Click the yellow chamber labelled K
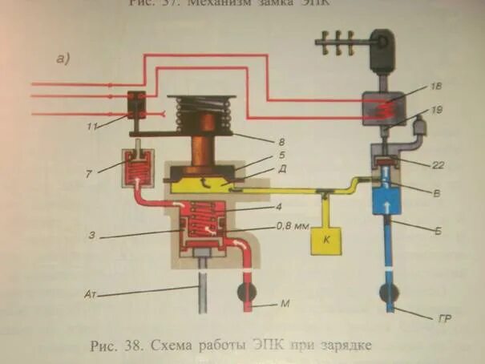[328, 237]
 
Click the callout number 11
[95, 127]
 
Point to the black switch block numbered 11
[137, 104]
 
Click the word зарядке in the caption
[344, 346]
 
